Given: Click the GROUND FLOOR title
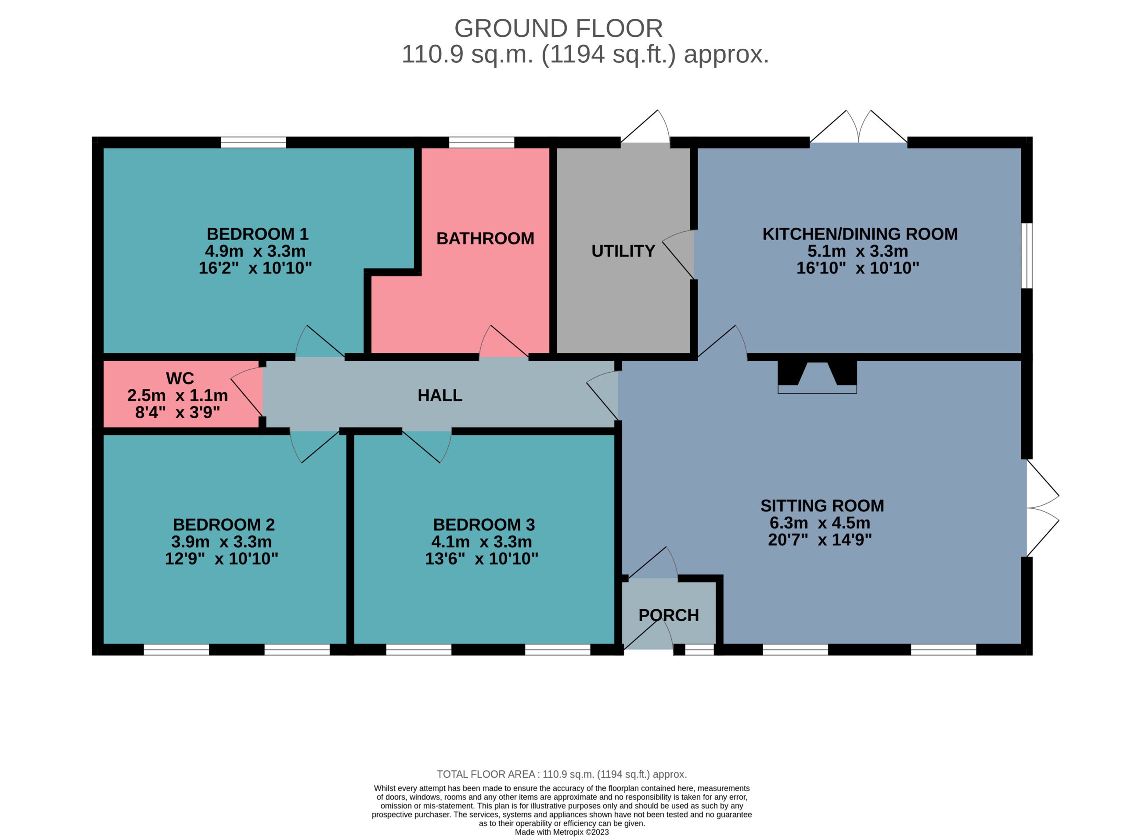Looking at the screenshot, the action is (558, 29).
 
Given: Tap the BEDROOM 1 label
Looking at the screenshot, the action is (257, 234).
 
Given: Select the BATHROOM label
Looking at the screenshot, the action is (485, 238).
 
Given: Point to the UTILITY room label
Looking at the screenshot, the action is (623, 251).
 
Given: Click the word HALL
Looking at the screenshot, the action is (440, 395).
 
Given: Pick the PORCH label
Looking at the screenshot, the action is (668, 615).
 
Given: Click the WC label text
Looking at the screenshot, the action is (180, 378).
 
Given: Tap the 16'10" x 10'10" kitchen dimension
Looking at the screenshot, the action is (857, 268).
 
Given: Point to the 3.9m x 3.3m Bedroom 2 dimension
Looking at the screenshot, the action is (221, 542).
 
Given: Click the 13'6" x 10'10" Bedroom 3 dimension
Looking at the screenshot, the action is (481, 559).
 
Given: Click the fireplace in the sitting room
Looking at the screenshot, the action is (817, 377).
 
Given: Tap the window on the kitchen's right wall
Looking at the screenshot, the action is (1026, 256).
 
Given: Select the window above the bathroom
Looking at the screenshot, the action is (481, 142).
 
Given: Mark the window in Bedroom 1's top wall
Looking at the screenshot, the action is (253, 142).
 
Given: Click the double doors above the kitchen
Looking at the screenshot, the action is (858, 127).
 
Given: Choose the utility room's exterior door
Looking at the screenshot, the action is (645, 127).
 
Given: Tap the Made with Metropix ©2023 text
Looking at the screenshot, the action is (562, 832).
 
